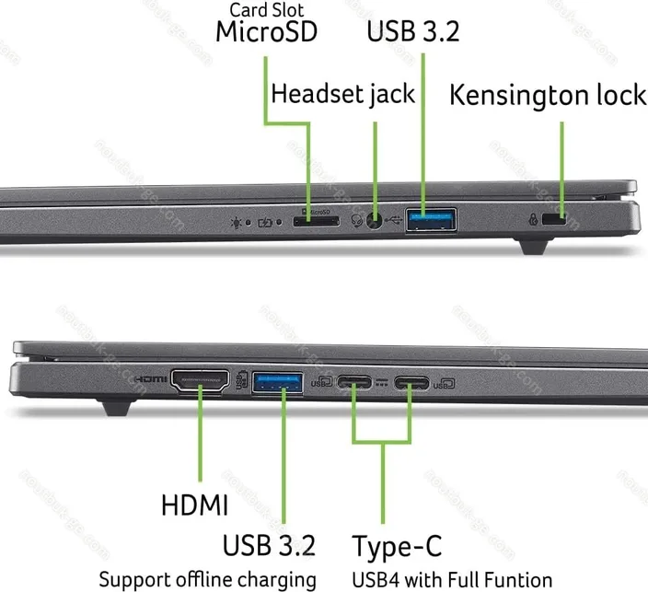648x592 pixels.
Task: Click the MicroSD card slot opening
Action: tap(316, 221)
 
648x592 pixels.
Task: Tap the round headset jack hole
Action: tap(375, 220)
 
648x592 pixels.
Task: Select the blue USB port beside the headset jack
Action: tap(432, 220)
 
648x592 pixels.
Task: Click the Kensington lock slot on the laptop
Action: tap(554, 219)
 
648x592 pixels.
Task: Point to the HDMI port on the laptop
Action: tap(200, 380)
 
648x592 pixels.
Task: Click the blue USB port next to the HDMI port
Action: tap(277, 382)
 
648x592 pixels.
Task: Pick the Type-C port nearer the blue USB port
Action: tap(354, 382)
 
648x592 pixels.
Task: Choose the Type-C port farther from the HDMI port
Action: tap(411, 383)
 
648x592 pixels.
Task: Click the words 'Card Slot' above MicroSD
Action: tap(267, 10)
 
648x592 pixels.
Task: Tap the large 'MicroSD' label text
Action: tap(267, 32)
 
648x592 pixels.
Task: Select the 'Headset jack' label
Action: tap(343, 94)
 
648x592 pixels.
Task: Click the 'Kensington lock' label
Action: tap(548, 95)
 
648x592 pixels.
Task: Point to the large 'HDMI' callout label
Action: tap(194, 505)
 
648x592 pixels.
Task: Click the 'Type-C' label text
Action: tap(397, 546)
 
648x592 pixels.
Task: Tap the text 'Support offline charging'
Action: tap(208, 580)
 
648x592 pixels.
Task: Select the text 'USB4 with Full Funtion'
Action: tap(452, 580)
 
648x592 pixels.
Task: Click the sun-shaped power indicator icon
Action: tap(237, 223)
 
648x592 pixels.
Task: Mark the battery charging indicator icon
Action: tap(265, 223)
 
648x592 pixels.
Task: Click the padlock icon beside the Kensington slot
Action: tap(533, 219)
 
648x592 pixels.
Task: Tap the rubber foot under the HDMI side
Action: tap(118, 407)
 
